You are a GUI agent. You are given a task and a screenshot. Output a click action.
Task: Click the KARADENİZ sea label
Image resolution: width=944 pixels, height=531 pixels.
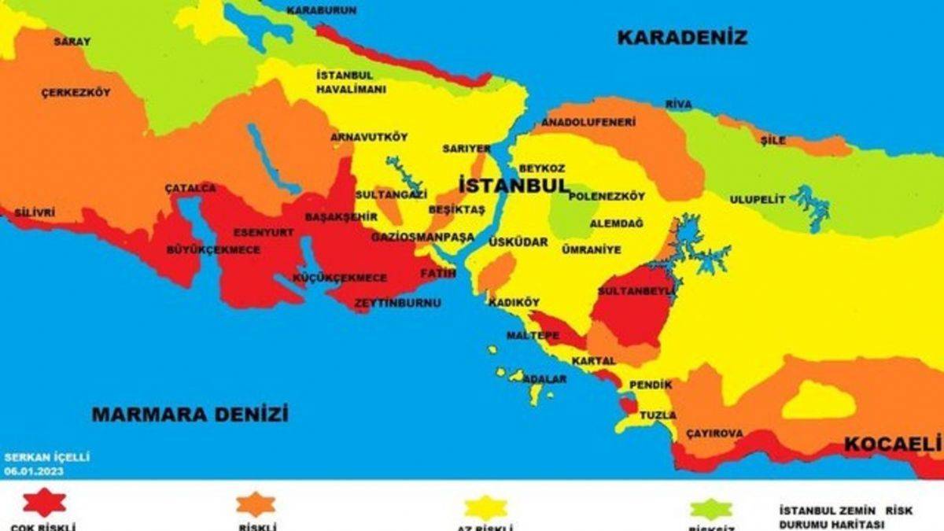click(x=681, y=37)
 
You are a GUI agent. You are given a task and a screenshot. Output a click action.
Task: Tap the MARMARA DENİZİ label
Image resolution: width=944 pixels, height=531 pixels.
click(x=190, y=414)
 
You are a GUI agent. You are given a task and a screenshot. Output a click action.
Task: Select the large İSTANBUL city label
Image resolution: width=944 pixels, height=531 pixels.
click(x=513, y=186)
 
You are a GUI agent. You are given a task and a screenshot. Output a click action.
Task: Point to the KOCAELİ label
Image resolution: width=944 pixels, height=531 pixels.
click(x=892, y=444)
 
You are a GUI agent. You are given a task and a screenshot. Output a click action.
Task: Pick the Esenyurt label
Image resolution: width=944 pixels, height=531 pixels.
click(x=264, y=233)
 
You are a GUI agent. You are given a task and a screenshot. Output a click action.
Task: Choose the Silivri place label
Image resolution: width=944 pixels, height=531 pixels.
click(x=35, y=212)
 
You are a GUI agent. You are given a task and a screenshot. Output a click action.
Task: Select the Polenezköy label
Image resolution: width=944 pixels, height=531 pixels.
click(x=607, y=196)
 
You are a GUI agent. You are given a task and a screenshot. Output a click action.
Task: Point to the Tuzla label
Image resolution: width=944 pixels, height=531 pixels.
click(x=654, y=415)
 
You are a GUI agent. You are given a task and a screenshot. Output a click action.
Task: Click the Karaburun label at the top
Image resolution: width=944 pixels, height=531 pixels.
click(x=321, y=10)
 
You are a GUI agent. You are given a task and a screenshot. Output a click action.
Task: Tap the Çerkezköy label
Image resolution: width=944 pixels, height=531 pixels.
click(x=76, y=93)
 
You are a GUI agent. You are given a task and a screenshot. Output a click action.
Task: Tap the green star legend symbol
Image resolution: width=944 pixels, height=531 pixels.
click(x=711, y=508)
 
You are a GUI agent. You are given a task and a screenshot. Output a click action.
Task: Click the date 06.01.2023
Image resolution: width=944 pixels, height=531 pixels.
click(x=34, y=471)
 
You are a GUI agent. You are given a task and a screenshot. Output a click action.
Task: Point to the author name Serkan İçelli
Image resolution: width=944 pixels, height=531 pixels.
click(x=36, y=457)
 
